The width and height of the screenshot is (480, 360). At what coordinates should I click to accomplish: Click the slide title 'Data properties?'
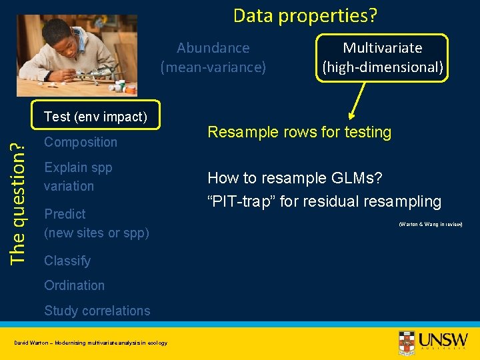(309, 15)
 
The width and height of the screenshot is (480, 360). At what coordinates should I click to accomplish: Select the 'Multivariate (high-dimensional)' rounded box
(382, 57)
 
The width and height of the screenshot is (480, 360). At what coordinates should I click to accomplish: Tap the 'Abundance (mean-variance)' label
(213, 57)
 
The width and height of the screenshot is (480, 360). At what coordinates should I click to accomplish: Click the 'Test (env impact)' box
(95, 117)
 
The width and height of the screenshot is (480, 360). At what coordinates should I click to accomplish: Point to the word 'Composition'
(80, 142)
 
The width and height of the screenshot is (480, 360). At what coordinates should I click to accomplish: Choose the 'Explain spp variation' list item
(78, 177)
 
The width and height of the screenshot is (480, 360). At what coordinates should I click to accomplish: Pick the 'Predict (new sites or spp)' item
(96, 223)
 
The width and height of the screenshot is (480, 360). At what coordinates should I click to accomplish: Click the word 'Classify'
(67, 261)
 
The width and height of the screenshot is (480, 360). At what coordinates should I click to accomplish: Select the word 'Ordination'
(74, 285)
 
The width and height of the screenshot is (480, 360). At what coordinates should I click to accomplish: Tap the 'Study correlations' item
(97, 311)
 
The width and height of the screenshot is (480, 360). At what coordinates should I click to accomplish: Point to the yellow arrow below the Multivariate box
(354, 101)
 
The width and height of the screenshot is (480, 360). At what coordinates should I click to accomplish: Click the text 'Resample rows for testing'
(299, 132)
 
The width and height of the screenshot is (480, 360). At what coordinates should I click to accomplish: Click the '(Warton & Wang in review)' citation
(430, 224)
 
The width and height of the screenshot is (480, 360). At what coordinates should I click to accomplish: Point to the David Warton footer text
(91, 343)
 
